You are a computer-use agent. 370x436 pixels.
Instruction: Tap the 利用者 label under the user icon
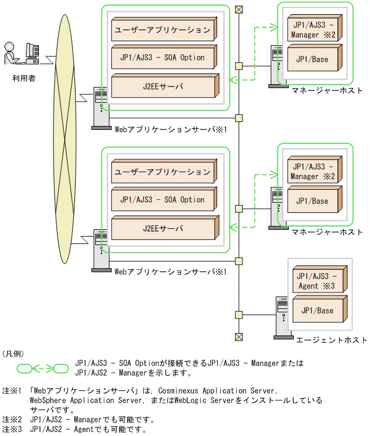[24, 78]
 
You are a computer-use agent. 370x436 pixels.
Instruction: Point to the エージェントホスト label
[331, 340]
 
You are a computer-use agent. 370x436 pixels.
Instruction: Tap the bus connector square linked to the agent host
[239, 315]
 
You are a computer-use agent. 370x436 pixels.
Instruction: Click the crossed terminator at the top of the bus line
[239, 9]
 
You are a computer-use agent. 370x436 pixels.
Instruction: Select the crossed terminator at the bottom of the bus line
[239, 337]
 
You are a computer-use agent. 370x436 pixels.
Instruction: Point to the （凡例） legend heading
[14, 354]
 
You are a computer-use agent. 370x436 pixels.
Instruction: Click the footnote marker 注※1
[11, 391]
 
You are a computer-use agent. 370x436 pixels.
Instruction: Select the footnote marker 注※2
[11, 420]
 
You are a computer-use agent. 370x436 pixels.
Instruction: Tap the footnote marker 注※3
[11, 429]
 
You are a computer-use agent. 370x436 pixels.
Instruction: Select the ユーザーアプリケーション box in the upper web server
[162, 29]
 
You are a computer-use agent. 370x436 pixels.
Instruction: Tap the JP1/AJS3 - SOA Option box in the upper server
[162, 58]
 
